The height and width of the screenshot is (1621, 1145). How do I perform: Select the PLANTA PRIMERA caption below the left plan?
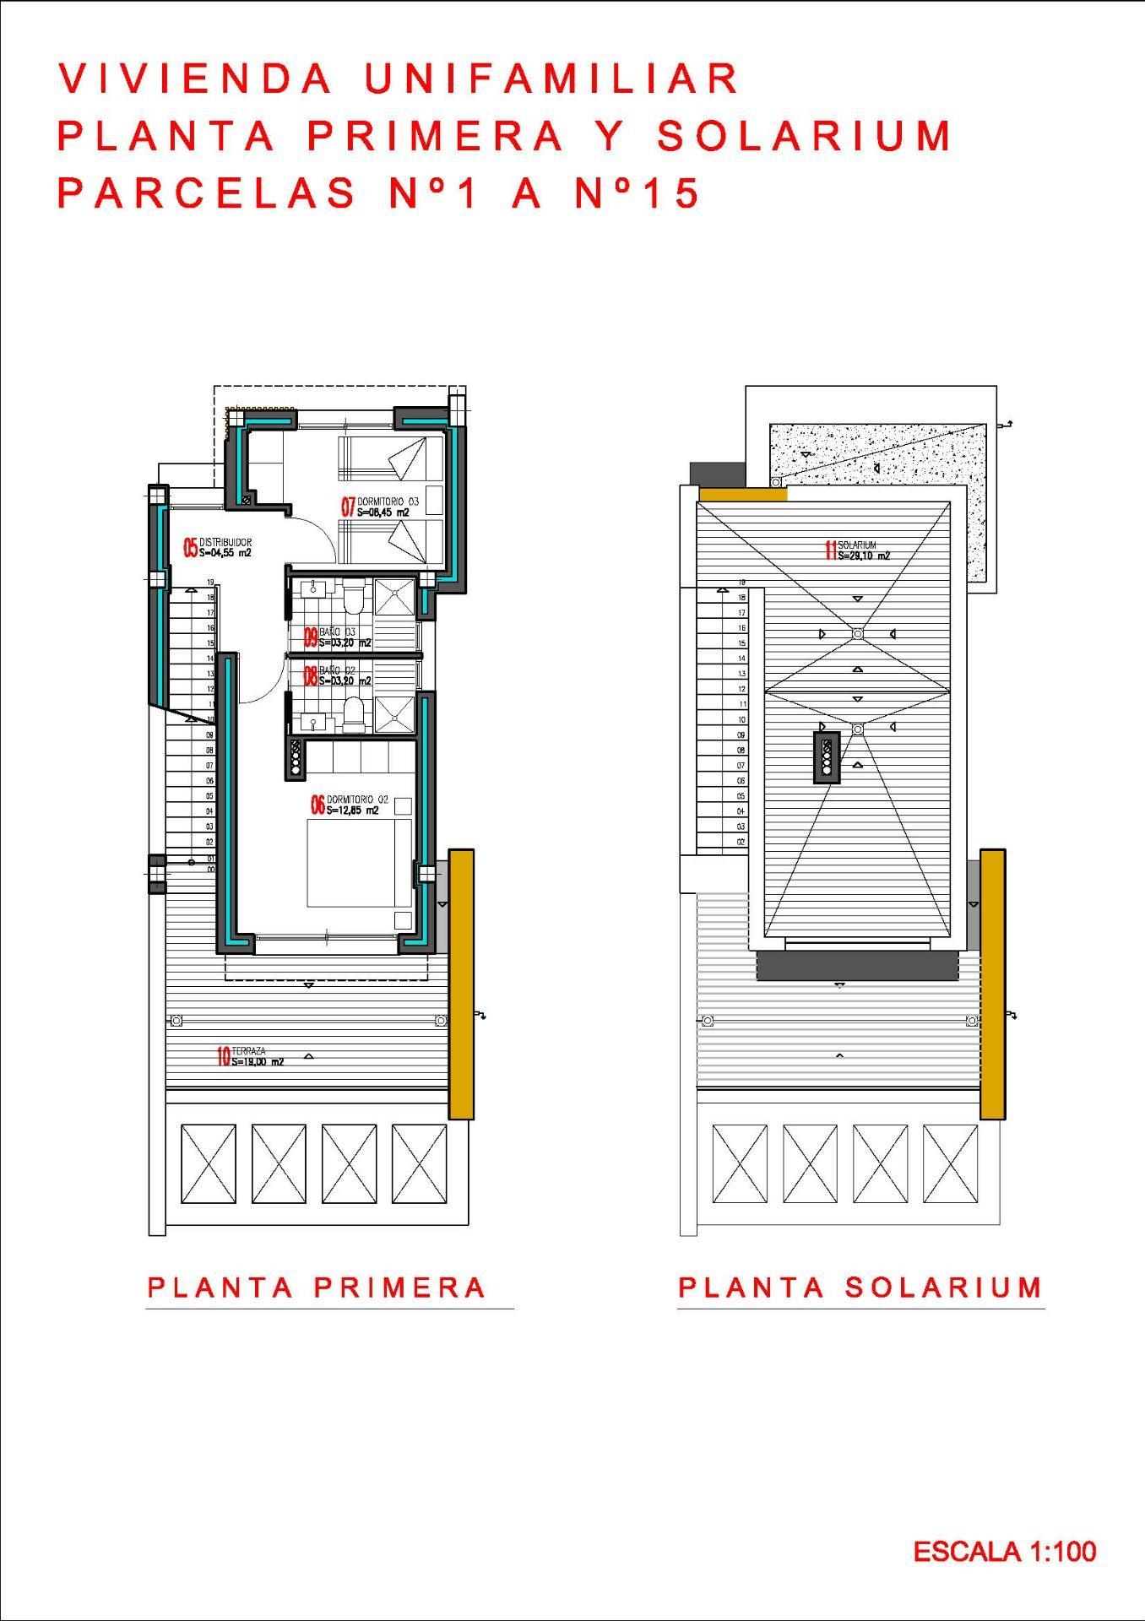[317, 1288]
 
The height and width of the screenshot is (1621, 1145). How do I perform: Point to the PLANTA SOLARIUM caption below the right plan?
[860, 1288]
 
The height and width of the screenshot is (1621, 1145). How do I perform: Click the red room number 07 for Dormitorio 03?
[348, 507]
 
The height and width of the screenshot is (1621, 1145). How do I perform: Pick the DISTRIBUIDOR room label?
[225, 543]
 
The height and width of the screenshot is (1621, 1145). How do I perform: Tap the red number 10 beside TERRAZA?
[224, 1056]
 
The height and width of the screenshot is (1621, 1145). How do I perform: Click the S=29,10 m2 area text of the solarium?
[864, 556]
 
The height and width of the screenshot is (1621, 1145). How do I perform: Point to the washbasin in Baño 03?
[313, 588]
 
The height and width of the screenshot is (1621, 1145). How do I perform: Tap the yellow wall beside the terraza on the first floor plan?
[461, 984]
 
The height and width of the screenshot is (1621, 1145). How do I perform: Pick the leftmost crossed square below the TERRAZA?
[209, 1163]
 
